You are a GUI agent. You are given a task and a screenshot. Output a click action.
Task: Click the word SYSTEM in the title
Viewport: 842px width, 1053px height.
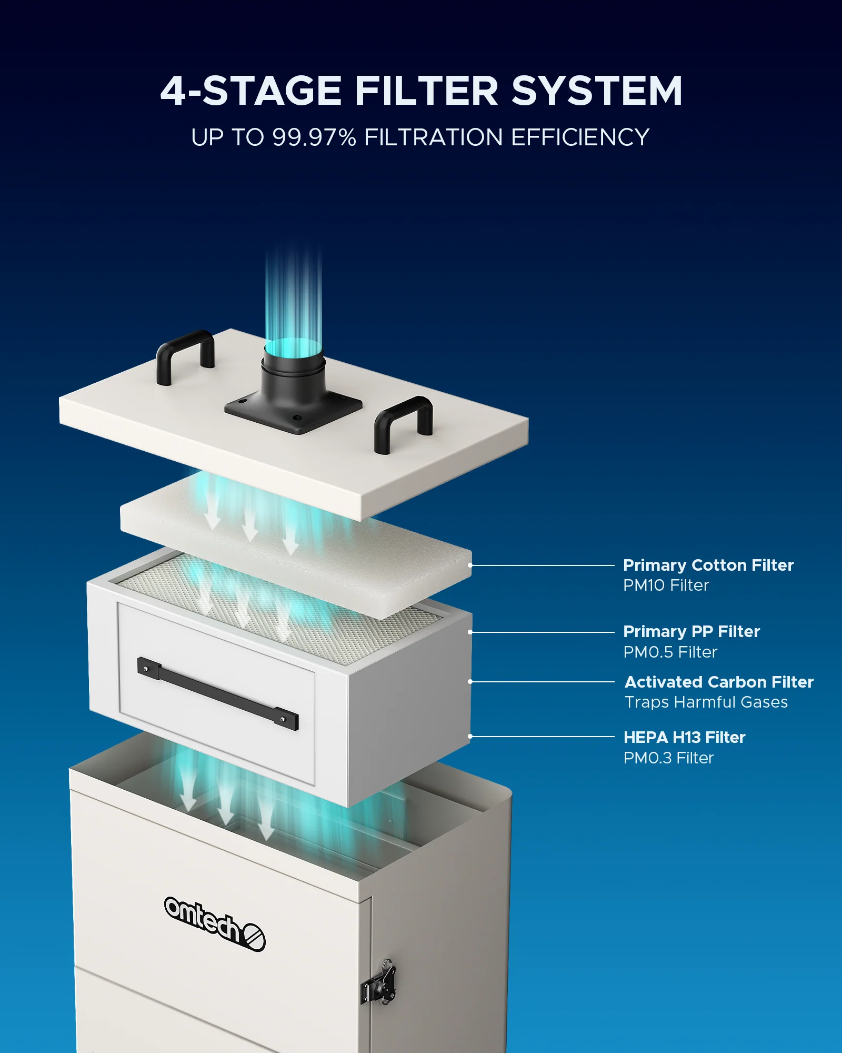coord(597,91)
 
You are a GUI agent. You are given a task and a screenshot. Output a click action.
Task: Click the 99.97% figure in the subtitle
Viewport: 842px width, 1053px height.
coord(314,137)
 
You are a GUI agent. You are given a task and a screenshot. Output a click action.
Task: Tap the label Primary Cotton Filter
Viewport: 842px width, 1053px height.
coord(708,565)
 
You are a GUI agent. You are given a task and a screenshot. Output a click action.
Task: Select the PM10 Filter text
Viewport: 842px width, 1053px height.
coord(666,585)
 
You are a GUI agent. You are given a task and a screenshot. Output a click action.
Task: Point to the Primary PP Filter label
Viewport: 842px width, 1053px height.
coord(691,631)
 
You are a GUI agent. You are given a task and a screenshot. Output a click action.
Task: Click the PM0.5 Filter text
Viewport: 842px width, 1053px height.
coord(670,652)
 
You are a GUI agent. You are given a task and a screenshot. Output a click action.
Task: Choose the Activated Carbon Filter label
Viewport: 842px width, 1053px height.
coord(719,682)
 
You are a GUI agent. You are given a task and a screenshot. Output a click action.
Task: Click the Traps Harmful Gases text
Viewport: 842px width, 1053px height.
coord(706,702)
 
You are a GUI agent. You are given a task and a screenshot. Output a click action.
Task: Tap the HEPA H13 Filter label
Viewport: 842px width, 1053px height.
coord(685,737)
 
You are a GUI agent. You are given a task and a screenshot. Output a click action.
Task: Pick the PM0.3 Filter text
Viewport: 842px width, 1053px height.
coord(669,758)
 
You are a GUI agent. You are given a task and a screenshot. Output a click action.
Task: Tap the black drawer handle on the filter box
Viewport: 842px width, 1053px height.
coord(217,692)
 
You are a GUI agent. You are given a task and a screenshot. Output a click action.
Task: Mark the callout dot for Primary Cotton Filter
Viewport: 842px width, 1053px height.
coord(470,565)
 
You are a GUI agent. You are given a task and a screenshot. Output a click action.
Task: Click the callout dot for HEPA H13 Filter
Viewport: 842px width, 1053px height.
coord(470,737)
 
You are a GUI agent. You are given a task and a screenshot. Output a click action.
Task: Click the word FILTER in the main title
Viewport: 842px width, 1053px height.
coord(426,91)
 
